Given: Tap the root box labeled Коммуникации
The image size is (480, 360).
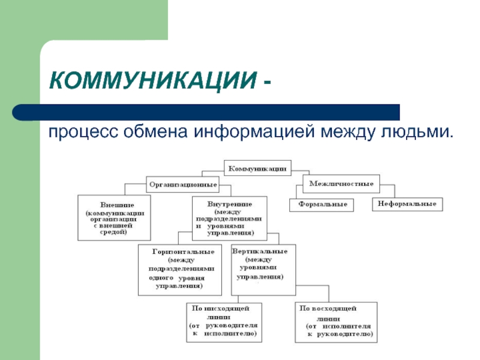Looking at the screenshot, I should [x=257, y=167].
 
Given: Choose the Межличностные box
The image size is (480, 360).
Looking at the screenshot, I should [x=341, y=183].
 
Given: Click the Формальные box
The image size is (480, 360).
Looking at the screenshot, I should [x=322, y=205].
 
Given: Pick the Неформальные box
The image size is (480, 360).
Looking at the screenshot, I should [x=407, y=204].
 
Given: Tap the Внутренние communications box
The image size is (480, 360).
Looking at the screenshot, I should [x=229, y=217].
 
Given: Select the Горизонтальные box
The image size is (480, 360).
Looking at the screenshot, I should [x=183, y=269].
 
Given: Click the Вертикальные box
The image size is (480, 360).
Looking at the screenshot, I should [x=263, y=269].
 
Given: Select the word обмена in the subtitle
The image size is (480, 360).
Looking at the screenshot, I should [x=153, y=130].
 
